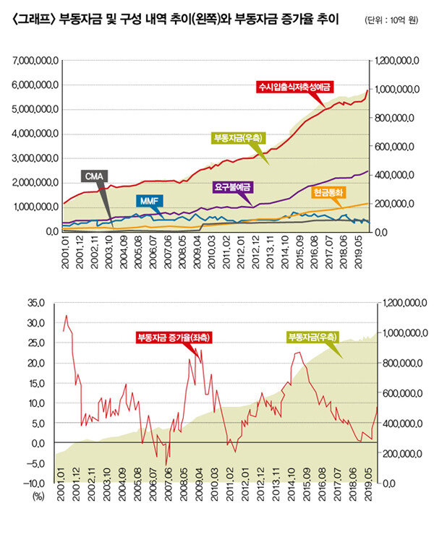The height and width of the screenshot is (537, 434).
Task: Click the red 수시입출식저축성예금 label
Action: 294,87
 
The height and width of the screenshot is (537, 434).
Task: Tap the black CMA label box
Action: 94,176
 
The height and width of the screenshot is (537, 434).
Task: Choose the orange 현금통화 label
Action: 329,193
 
